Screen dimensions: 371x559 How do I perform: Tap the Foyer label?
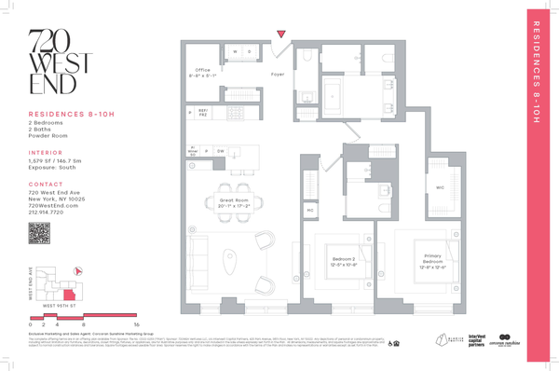point(277,73)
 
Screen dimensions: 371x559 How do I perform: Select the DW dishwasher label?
point(221,150)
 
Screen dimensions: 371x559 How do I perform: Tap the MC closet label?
point(308,210)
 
